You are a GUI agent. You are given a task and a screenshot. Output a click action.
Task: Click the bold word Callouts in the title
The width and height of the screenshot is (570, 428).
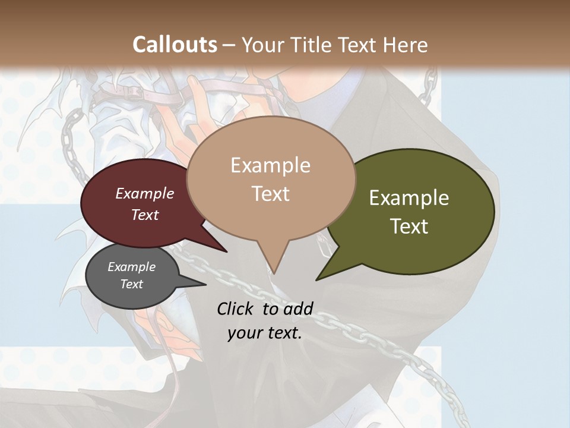(x=175, y=45)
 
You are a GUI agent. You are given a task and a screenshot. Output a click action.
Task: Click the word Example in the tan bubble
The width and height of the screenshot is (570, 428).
(x=270, y=165)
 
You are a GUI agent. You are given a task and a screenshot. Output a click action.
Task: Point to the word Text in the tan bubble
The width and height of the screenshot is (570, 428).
(x=270, y=194)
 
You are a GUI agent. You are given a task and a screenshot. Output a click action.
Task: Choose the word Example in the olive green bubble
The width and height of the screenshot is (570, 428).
(x=409, y=198)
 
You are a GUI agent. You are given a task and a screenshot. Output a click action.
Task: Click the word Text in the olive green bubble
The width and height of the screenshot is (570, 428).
(x=409, y=226)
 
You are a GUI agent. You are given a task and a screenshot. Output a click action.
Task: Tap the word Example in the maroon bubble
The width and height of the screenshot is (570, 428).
(x=145, y=193)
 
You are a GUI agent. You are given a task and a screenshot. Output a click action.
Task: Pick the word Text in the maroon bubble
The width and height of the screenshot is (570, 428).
(x=145, y=215)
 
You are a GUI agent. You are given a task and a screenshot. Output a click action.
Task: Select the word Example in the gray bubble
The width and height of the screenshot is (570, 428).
(x=132, y=267)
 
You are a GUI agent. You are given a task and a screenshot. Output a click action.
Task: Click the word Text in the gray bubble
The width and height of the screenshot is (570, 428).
(x=132, y=284)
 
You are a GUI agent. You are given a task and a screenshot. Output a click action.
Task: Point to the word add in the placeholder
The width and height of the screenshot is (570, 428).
(x=297, y=309)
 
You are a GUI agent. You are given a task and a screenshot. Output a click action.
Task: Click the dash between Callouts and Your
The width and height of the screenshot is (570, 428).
(x=230, y=45)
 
